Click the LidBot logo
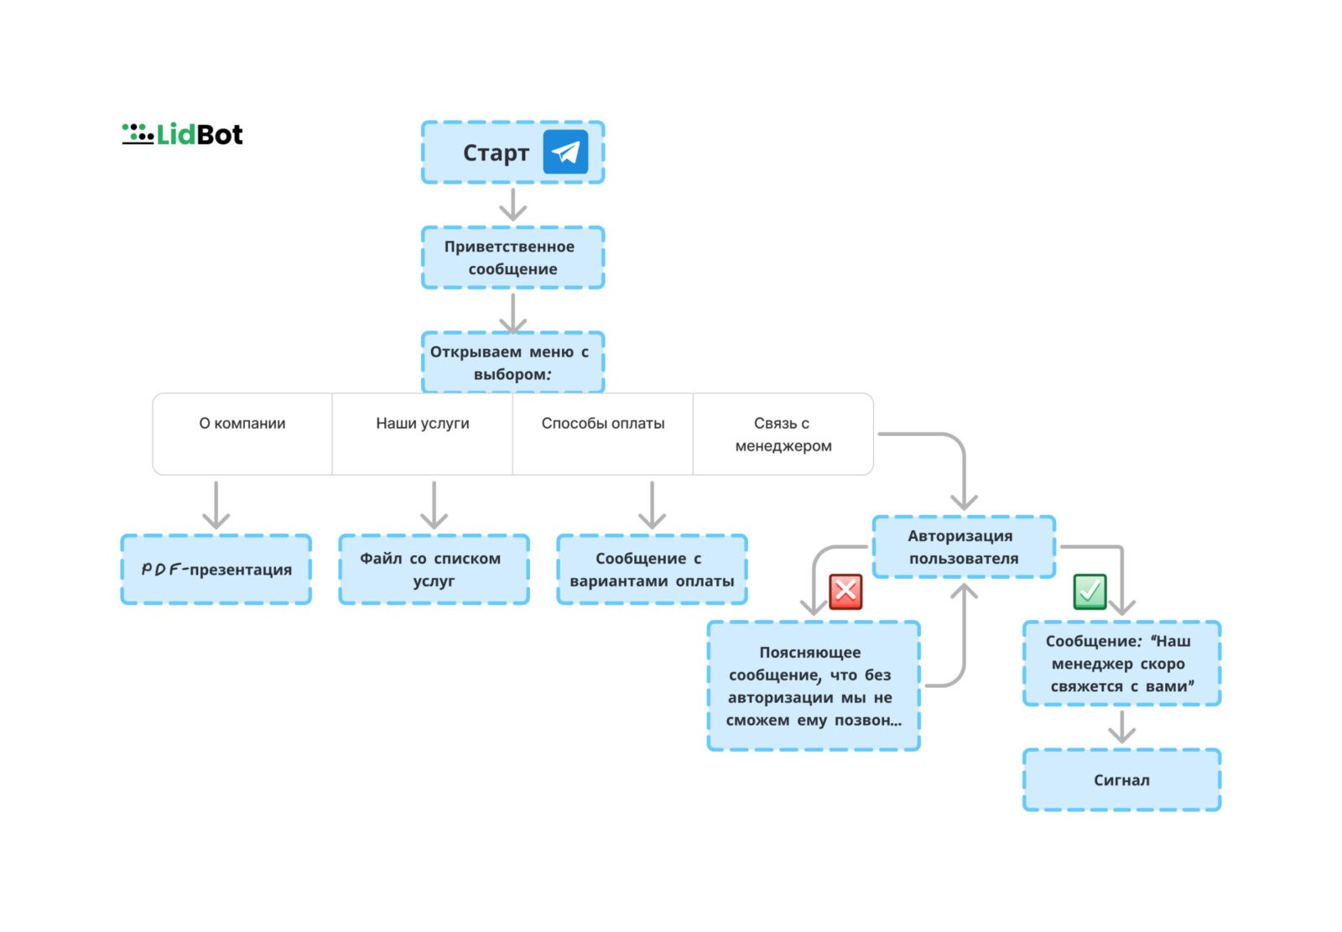click(x=182, y=133)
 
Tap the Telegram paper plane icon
click(x=565, y=152)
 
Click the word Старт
click(x=496, y=153)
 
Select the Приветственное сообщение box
click(x=512, y=258)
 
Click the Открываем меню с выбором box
click(x=512, y=362)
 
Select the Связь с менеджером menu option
click(x=783, y=434)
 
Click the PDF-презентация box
click(x=216, y=569)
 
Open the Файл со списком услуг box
click(x=434, y=569)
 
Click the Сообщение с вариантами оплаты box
click(x=652, y=569)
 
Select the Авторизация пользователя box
click(x=964, y=547)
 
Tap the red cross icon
click(x=845, y=591)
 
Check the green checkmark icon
click(x=1090, y=591)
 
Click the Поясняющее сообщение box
click(x=813, y=685)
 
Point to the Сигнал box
click(x=1121, y=779)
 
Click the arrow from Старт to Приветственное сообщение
click(x=512, y=205)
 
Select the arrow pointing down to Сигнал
click(x=1121, y=726)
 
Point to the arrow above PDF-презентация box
click(x=216, y=505)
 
